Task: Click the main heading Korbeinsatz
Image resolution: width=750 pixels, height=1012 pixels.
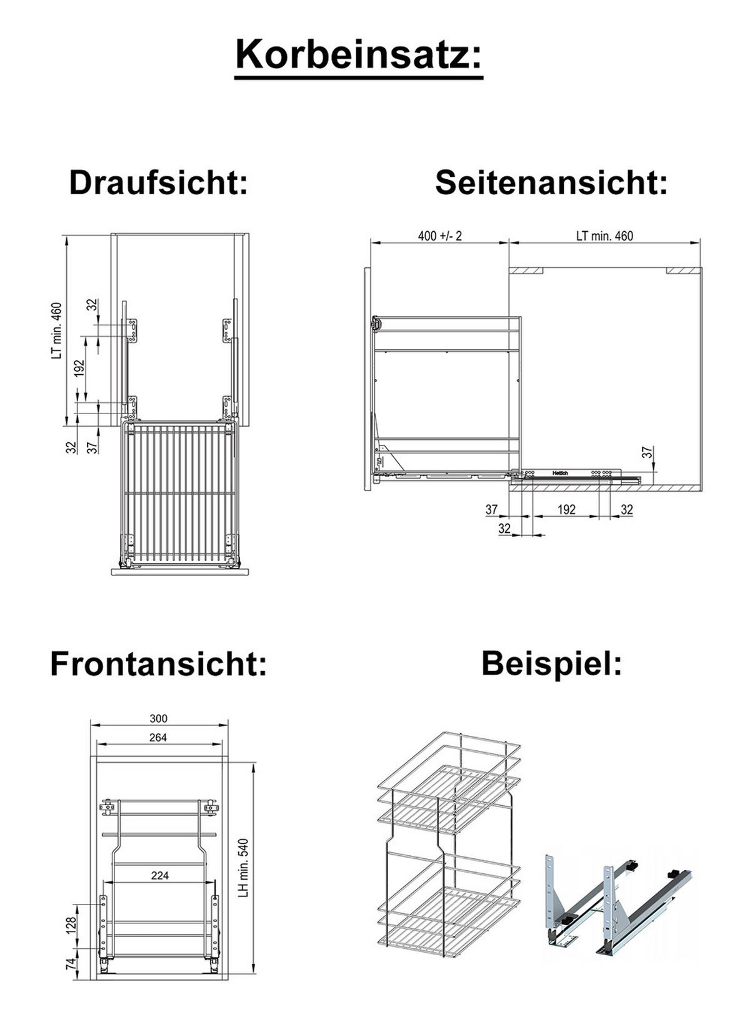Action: [359, 55]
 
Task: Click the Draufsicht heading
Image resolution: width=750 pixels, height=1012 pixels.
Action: [159, 183]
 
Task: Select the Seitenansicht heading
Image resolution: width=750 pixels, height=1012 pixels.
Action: [551, 183]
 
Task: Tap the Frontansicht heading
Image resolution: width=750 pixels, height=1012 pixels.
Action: [159, 663]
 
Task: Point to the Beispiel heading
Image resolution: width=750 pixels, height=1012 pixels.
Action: [551, 663]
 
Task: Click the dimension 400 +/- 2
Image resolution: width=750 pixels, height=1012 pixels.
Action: [439, 236]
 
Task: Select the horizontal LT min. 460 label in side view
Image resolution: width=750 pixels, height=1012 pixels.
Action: [604, 236]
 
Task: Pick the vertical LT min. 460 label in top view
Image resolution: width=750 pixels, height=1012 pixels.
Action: [57, 330]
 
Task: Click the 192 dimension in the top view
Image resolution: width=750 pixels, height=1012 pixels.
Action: [79, 368]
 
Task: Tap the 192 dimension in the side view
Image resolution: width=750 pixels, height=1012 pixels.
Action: [566, 510]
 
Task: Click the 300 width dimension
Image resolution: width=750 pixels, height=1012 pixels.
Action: [159, 719]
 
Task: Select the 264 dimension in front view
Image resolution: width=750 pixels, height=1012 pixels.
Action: [158, 738]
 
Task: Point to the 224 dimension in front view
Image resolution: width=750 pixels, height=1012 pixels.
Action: [160, 876]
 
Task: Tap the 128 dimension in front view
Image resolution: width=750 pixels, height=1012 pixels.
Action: [72, 925]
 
